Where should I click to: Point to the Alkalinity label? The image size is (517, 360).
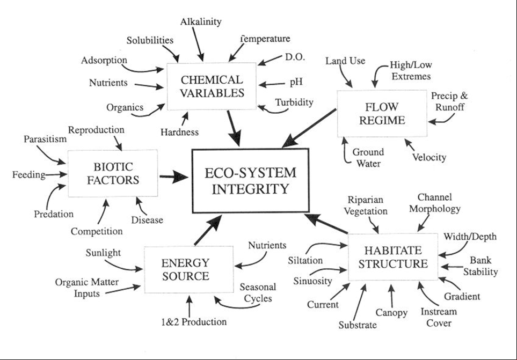pyautogui.click(x=201, y=22)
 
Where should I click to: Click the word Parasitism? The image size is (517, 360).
pyautogui.click(x=45, y=139)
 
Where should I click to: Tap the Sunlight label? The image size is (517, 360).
pyautogui.click(x=103, y=253)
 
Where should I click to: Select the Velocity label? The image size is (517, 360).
pyautogui.click(x=429, y=157)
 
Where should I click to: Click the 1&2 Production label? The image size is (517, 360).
pyautogui.click(x=194, y=322)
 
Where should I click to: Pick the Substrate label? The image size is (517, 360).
pyautogui.click(x=358, y=325)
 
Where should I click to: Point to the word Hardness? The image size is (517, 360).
pyautogui.click(x=180, y=132)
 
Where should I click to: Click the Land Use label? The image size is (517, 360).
pyautogui.click(x=345, y=61)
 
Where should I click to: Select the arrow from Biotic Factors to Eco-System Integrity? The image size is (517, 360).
pyautogui.click(x=174, y=177)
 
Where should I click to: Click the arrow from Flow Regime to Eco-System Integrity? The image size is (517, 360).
pyautogui.click(x=309, y=128)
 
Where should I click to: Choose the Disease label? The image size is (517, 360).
pyautogui.click(x=147, y=220)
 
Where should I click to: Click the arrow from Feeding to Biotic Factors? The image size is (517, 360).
pyautogui.click(x=56, y=174)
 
